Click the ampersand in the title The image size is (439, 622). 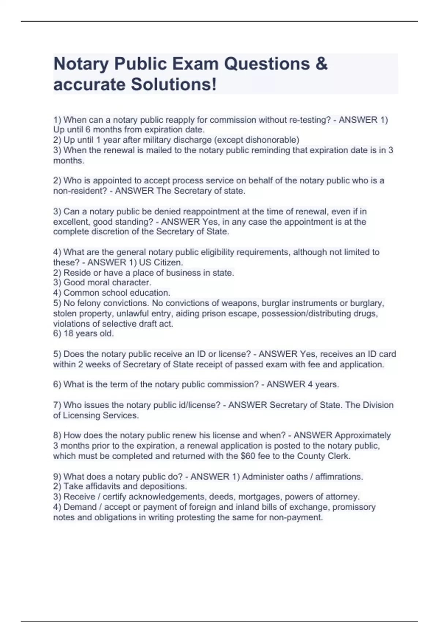point(321,64)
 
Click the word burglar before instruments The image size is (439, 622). point(298,303)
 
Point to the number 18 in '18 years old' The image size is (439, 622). point(68,334)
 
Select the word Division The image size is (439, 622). point(378,405)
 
